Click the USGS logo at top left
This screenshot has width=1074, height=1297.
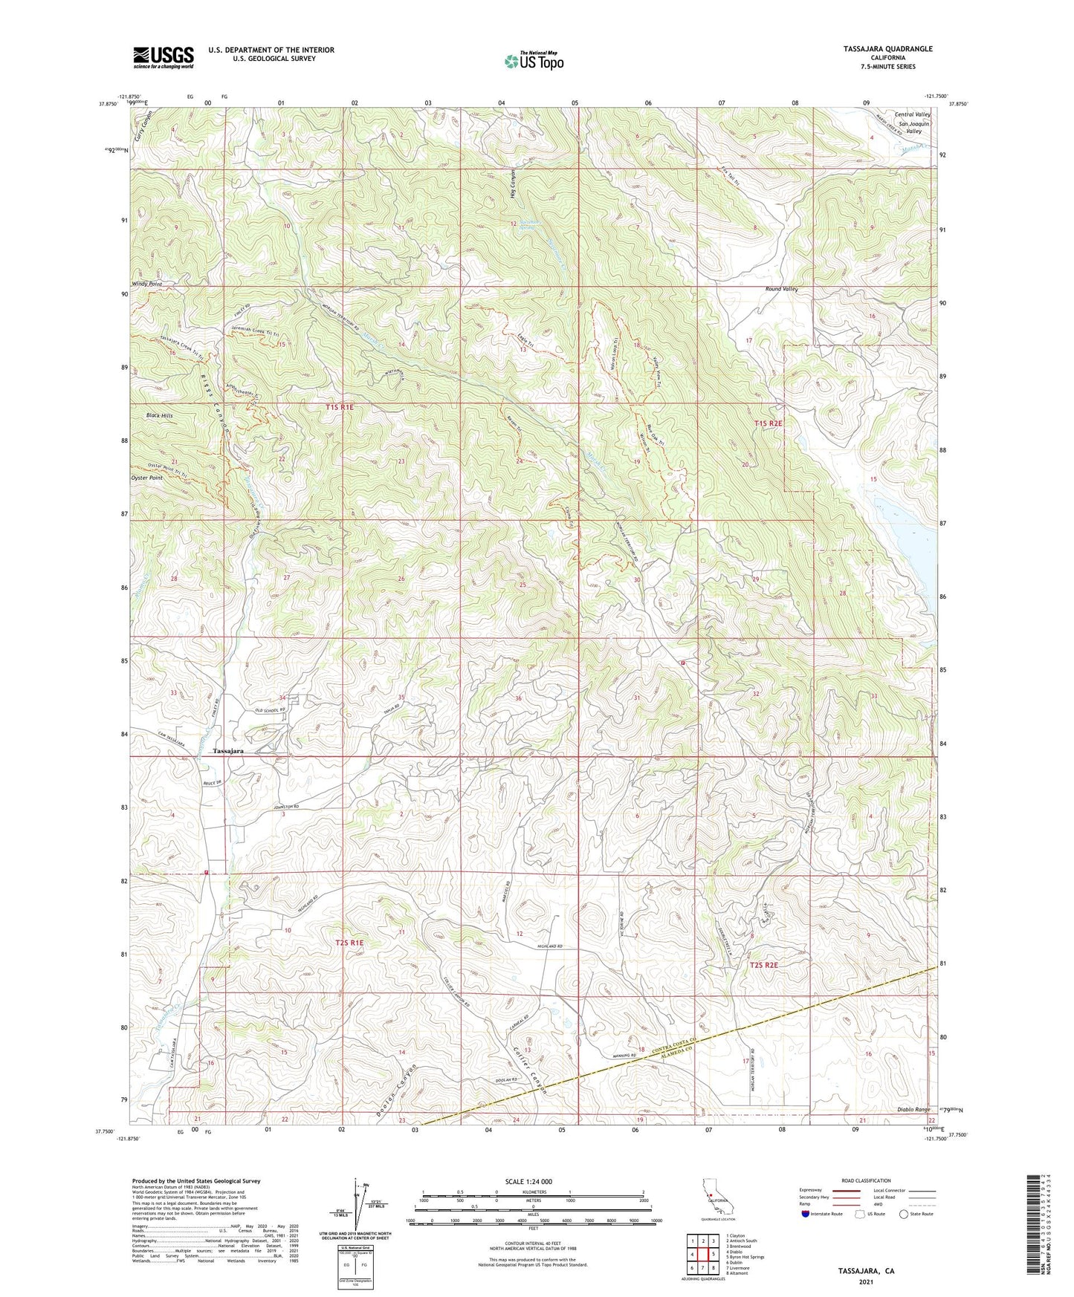tap(164, 56)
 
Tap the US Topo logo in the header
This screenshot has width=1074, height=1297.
tap(532, 62)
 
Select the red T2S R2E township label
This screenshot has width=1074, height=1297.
tap(763, 965)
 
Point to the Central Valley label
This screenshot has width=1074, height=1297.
tap(913, 114)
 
